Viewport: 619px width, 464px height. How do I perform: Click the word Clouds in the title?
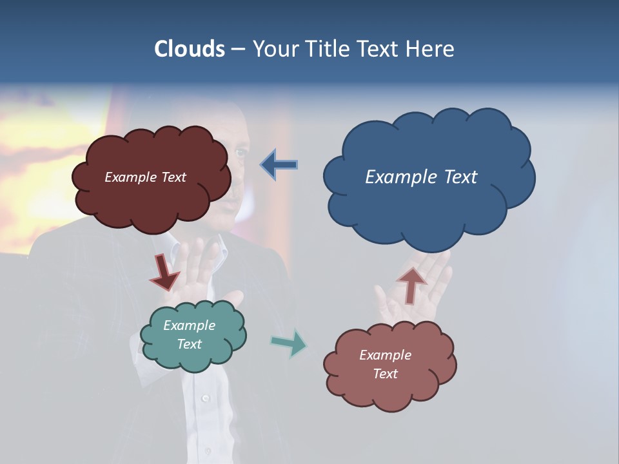189,48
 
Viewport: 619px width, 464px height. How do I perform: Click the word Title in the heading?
326,48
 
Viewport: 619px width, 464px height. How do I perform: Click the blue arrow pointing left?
279,165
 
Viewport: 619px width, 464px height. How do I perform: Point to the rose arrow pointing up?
411,284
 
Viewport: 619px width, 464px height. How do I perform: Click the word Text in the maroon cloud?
173,177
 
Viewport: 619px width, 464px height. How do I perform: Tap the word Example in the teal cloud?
190,325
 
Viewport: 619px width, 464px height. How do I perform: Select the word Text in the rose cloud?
386,374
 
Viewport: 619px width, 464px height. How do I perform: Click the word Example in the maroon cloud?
131,177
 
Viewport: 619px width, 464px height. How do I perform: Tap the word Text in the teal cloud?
190,344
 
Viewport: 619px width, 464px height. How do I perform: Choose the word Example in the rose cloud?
386,355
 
